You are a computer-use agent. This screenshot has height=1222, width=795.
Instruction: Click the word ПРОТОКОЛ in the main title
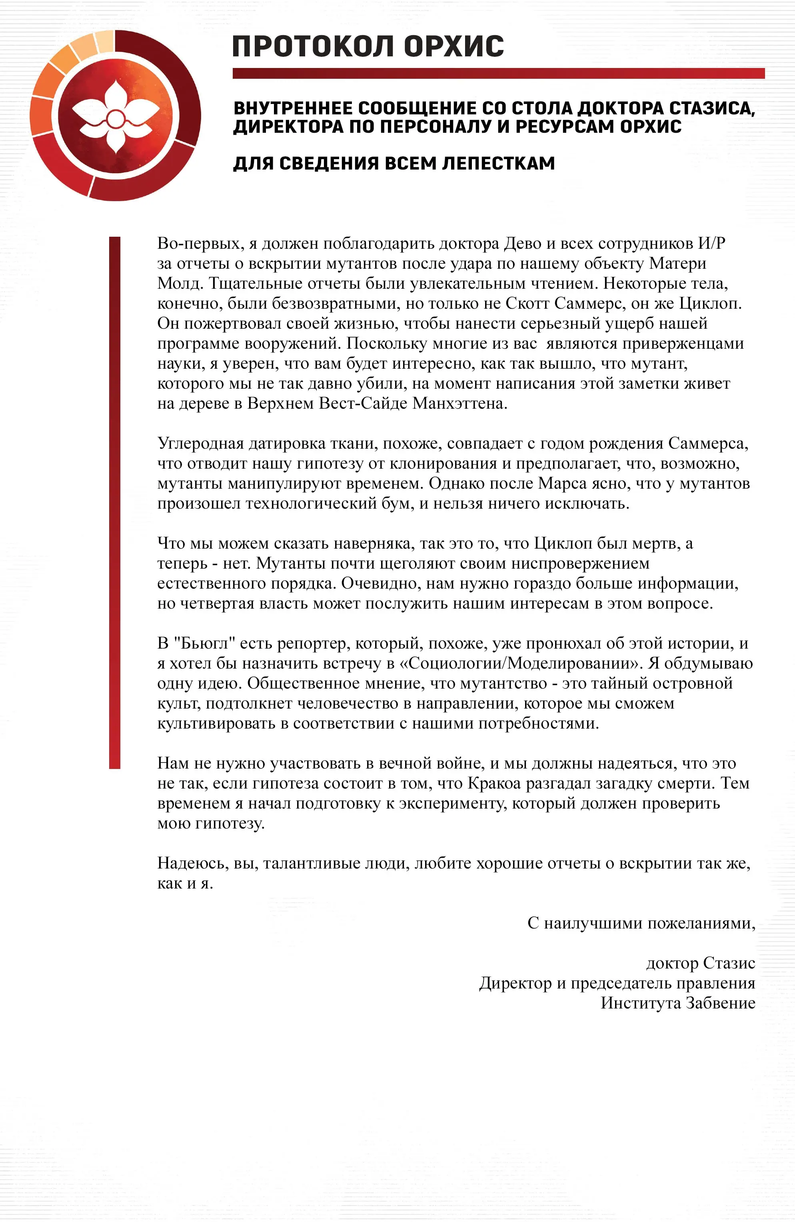point(313,46)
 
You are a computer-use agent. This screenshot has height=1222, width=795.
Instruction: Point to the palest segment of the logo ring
point(105,41)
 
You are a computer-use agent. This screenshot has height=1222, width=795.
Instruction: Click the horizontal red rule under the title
point(498,74)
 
